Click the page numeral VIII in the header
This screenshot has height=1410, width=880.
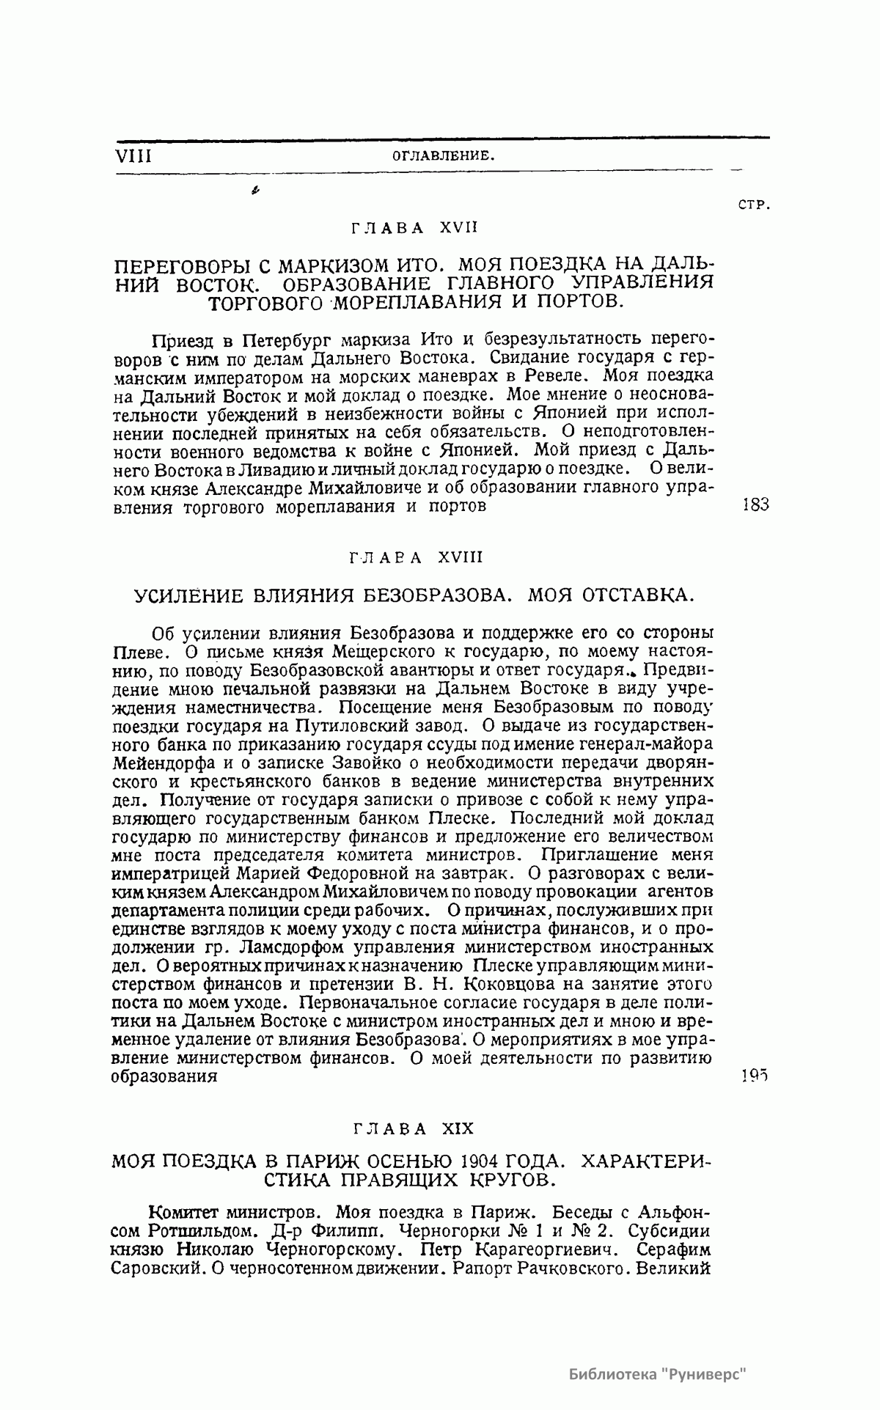[133, 155]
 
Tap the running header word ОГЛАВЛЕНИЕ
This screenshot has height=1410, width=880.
[441, 155]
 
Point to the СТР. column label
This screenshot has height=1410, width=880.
[753, 206]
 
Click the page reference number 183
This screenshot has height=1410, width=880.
[755, 505]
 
